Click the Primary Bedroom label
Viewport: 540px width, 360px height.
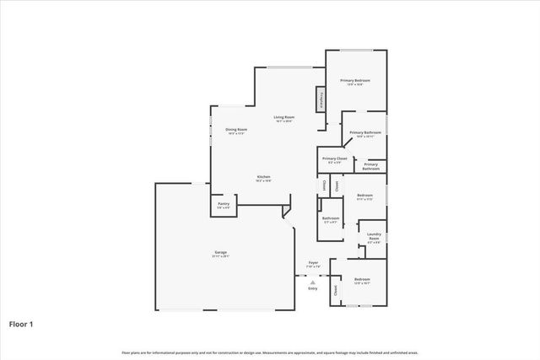(x=355, y=80)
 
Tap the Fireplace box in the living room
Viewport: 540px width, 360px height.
(x=321, y=99)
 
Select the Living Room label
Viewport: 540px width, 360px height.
(x=283, y=117)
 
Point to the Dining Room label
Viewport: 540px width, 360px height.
(x=236, y=129)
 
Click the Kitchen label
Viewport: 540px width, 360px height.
(x=264, y=177)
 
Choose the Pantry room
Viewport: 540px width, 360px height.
(x=224, y=204)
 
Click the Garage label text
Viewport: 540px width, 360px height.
(x=220, y=252)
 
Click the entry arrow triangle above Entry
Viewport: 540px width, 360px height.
(x=313, y=281)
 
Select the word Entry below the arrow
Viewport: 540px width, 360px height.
(x=313, y=288)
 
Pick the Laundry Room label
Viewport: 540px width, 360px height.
(x=374, y=236)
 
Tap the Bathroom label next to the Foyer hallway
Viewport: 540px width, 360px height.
(x=330, y=218)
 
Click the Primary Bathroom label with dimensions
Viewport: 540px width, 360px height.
(x=365, y=132)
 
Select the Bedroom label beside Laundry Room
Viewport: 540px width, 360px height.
(x=364, y=196)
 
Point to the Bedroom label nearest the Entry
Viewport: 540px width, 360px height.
(x=362, y=278)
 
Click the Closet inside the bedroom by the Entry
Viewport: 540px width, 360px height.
(x=336, y=290)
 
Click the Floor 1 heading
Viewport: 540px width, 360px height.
(x=24, y=323)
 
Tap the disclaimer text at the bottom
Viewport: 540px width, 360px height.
(x=270, y=352)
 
